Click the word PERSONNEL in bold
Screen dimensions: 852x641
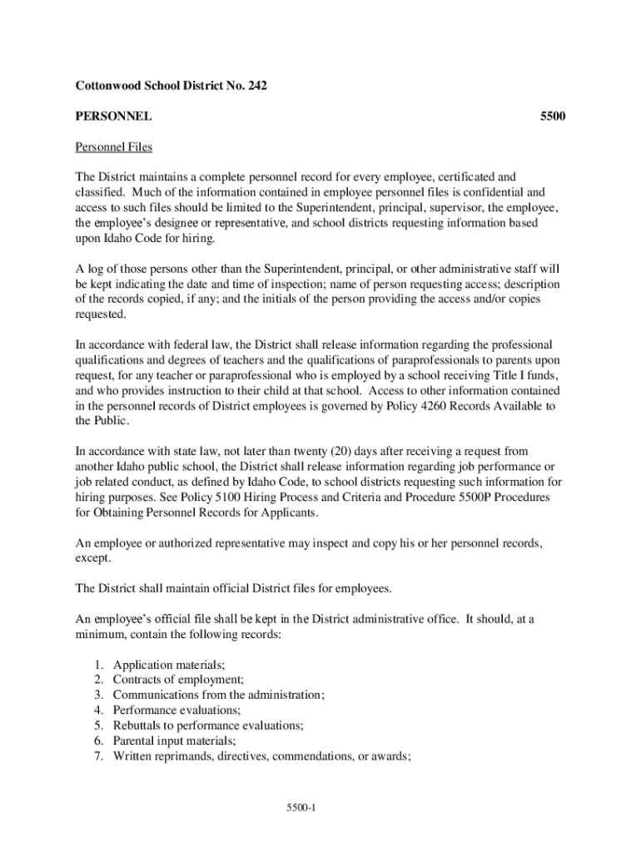[113, 116]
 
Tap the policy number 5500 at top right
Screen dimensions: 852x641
[553, 116]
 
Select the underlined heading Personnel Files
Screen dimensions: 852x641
[114, 147]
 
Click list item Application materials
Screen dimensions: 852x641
[169, 665]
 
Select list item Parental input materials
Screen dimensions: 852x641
[175, 741]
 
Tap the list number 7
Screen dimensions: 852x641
[97, 755]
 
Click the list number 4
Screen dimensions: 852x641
[97, 710]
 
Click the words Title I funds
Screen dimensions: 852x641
[521, 375]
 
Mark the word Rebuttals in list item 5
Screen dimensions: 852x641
[138, 726]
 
